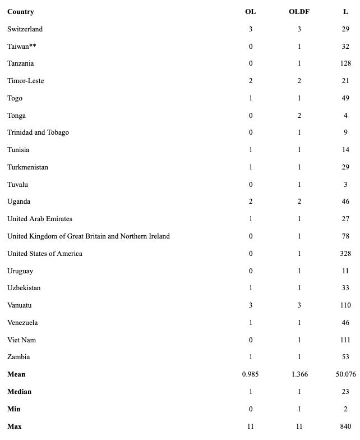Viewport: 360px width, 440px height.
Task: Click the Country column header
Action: point(20,12)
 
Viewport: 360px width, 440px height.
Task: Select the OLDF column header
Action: point(299,12)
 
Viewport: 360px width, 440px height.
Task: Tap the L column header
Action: point(345,12)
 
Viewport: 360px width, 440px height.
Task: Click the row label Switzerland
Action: point(25,29)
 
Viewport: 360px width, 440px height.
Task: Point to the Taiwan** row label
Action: point(22,47)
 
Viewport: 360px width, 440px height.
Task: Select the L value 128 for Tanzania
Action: point(345,63)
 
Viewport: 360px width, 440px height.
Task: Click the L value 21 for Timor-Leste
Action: point(345,81)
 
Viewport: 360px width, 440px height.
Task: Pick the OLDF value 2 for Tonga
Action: point(299,116)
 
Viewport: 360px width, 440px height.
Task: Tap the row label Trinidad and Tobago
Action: point(38,132)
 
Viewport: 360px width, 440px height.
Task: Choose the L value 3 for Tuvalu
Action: point(345,185)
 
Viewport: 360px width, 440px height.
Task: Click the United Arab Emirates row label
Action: point(40,219)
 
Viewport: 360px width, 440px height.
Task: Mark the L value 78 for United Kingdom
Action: point(345,236)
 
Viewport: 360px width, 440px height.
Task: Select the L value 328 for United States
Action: point(345,254)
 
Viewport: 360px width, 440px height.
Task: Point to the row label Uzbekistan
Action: point(24,288)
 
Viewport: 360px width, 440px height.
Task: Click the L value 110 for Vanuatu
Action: point(345,305)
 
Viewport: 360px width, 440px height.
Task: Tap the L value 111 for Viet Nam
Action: point(345,340)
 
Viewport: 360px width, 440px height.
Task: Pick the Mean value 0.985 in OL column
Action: point(250,374)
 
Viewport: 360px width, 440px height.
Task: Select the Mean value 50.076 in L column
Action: point(345,374)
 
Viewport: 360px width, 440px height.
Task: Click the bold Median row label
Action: point(19,392)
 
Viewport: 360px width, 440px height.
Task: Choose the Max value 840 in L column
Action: point(345,427)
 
